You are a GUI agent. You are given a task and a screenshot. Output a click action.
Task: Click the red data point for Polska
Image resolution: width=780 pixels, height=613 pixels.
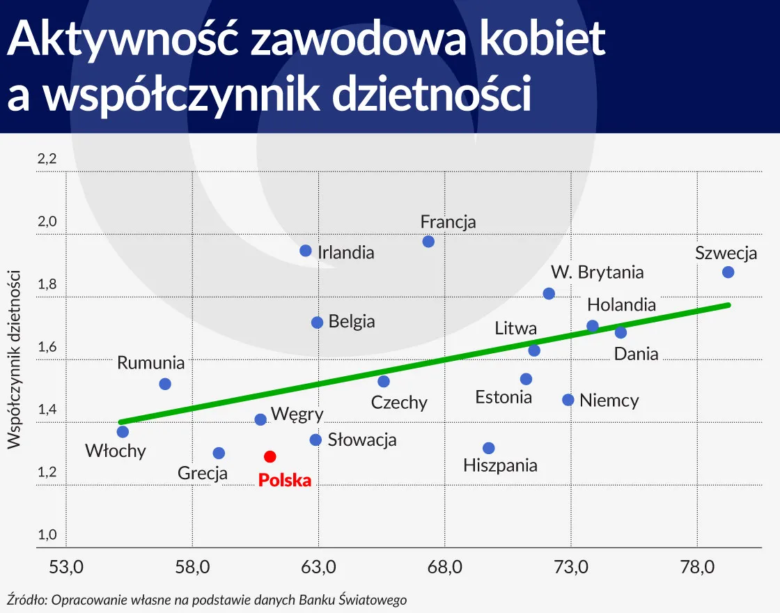pyautogui.click(x=270, y=456)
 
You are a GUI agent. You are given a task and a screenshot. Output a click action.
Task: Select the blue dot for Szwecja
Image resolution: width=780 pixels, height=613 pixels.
pyautogui.click(x=728, y=272)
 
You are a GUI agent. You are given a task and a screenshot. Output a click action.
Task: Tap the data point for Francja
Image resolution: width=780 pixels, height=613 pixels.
pyautogui.click(x=428, y=241)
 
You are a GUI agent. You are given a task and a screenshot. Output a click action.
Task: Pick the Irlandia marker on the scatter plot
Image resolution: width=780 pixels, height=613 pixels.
pyautogui.click(x=305, y=251)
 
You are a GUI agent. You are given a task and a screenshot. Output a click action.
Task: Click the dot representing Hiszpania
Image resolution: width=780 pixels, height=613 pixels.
pyautogui.click(x=488, y=448)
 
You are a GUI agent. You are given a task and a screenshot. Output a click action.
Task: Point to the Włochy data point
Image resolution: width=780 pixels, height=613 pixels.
pyautogui.click(x=123, y=432)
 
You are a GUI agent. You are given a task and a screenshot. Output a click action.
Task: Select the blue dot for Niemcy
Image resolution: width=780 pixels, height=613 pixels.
pyautogui.click(x=568, y=400)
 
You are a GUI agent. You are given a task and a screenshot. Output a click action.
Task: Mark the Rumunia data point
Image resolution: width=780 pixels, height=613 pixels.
pyautogui.click(x=165, y=384)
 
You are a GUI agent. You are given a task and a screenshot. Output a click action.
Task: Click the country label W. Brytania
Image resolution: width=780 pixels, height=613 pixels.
pyautogui.click(x=597, y=272)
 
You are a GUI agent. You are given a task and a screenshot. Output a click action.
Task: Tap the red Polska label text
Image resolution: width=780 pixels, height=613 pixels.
pyautogui.click(x=284, y=480)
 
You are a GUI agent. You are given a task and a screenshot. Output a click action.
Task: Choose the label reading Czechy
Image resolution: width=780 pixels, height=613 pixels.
pyautogui.click(x=399, y=403)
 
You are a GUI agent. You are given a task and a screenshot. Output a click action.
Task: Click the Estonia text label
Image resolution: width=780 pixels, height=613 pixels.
pyautogui.click(x=504, y=397)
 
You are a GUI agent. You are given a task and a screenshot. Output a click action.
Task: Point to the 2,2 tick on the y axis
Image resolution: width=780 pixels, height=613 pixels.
pyautogui.click(x=47, y=160)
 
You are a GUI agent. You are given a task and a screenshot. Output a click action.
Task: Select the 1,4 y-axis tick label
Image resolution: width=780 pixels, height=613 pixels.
pyautogui.click(x=47, y=410)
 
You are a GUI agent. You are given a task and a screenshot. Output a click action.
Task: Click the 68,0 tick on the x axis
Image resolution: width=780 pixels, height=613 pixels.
pyautogui.click(x=445, y=567)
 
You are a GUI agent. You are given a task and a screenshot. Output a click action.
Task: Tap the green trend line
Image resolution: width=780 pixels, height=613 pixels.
pyautogui.click(x=425, y=363)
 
